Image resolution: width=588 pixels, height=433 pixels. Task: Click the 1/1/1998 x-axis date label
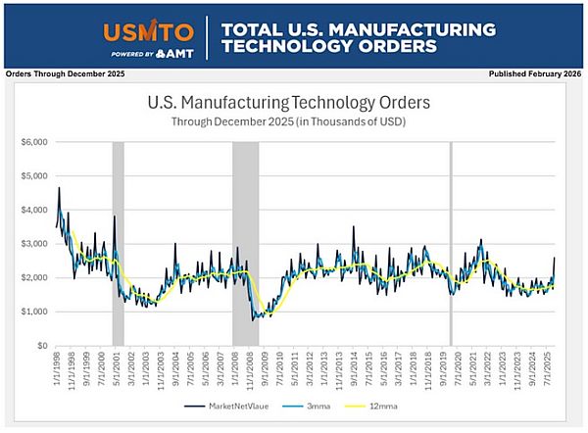click(x=59, y=367)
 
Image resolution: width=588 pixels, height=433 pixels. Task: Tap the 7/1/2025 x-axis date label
click(x=548, y=367)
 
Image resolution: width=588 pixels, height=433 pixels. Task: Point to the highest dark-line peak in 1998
click(x=59, y=187)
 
